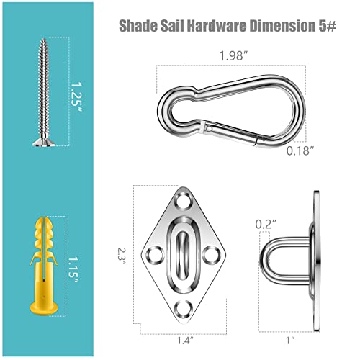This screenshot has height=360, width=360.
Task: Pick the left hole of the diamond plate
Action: pyautogui.click(x=154, y=254)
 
